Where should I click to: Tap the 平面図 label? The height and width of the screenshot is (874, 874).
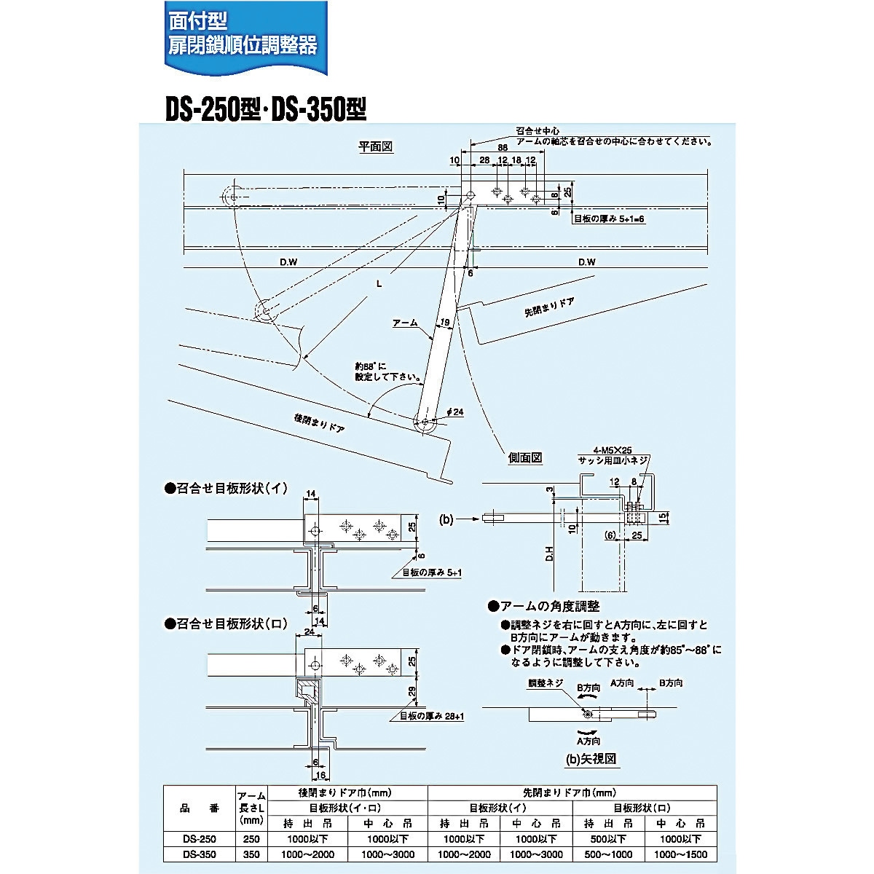click(376, 146)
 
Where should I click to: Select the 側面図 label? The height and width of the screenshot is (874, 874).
click(525, 457)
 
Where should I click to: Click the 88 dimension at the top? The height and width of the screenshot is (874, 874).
click(503, 148)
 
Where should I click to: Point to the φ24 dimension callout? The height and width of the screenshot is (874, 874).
click(454, 412)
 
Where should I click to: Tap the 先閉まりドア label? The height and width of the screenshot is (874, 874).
click(548, 308)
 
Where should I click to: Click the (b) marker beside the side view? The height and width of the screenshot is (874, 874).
click(447, 519)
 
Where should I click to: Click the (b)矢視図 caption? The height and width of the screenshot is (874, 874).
click(591, 758)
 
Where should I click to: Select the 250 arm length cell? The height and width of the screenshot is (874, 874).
click(251, 838)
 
